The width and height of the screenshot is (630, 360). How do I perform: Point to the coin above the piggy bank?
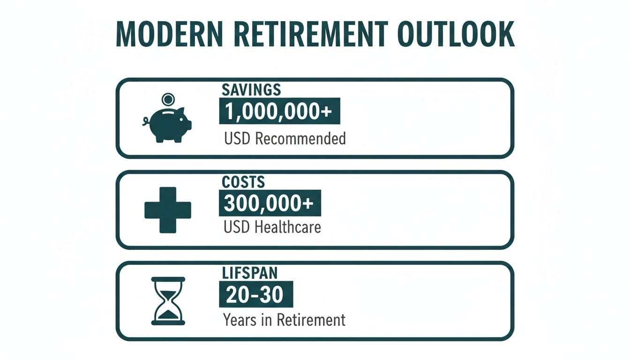point(167,99)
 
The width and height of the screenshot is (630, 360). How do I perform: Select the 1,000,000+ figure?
point(279,112)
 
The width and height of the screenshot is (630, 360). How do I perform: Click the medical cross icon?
point(167,210)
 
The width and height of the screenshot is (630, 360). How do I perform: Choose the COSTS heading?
point(244,181)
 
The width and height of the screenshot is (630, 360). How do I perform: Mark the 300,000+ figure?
point(270,203)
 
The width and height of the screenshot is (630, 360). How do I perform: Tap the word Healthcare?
point(288,227)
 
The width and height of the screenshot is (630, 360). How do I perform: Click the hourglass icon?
point(168,301)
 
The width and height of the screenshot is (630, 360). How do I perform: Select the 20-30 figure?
point(255,295)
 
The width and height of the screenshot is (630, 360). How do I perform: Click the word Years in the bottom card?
point(240,320)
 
